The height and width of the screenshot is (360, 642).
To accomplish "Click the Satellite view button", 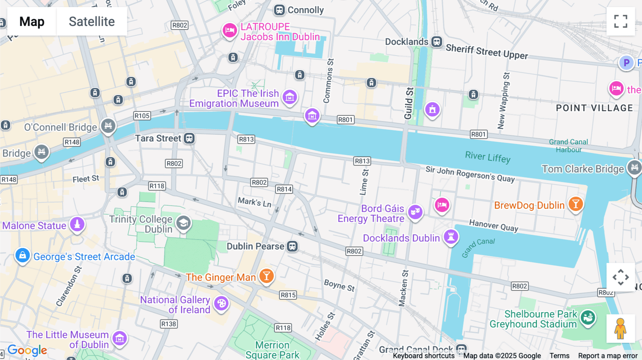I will click(x=92, y=22).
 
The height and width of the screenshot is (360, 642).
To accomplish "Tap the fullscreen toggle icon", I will click(x=621, y=21).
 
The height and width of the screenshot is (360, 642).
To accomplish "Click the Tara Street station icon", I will click(x=189, y=138).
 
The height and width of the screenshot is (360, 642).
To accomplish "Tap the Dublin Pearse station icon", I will click(x=292, y=246).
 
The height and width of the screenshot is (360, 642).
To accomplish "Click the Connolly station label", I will click(x=305, y=10).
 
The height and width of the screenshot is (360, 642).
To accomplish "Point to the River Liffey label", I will click(x=488, y=157).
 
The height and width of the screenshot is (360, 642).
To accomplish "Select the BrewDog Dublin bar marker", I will click(x=576, y=204).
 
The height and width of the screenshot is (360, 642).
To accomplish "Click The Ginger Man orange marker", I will click(x=266, y=276).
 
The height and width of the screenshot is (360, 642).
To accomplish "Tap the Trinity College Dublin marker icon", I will click(x=184, y=223).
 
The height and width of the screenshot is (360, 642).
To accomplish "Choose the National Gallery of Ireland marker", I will click(x=221, y=304).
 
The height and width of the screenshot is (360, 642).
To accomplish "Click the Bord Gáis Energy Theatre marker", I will click(x=415, y=212).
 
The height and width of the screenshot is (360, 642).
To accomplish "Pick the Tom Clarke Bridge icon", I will click(x=634, y=167).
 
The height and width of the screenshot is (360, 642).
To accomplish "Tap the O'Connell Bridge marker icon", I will click(x=108, y=126).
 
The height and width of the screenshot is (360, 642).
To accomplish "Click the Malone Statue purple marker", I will click(x=77, y=225).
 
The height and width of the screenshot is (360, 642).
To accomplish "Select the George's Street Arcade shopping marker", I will click(x=22, y=256).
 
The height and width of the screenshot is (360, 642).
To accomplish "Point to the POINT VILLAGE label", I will click(x=594, y=108).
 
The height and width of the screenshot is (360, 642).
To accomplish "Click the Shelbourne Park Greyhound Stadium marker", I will click(x=587, y=317).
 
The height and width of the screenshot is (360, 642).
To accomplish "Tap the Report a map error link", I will click(x=607, y=356).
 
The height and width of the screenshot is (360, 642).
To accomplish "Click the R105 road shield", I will click(x=142, y=116).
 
